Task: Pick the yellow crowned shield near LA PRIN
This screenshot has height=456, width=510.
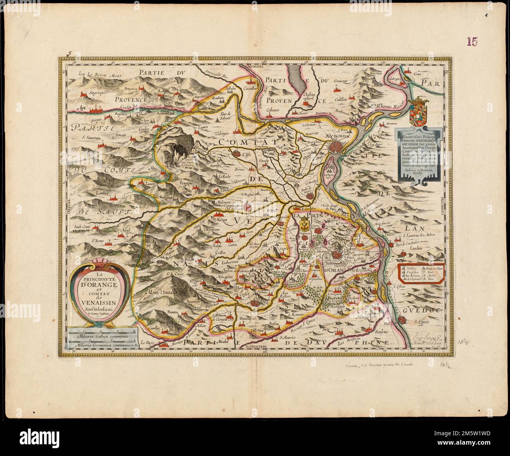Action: point(304,226)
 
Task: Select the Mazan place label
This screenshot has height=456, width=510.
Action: point(222,222)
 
